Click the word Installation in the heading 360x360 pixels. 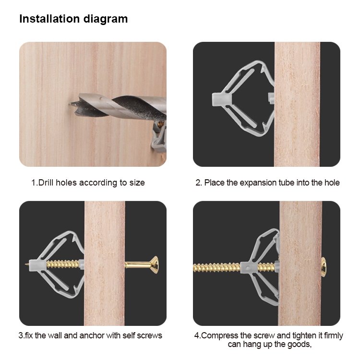[x=49, y=19]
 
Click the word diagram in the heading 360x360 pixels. [x=106, y=19]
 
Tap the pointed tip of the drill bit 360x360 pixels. [x=69, y=104]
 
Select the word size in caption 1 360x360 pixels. [x=137, y=183]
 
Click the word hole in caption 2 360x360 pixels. [x=332, y=183]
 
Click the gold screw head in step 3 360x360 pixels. [x=154, y=265]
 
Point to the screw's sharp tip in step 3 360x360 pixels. [x=26, y=264]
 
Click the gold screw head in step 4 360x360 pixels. [x=323, y=267]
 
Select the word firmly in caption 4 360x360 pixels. [x=334, y=336]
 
